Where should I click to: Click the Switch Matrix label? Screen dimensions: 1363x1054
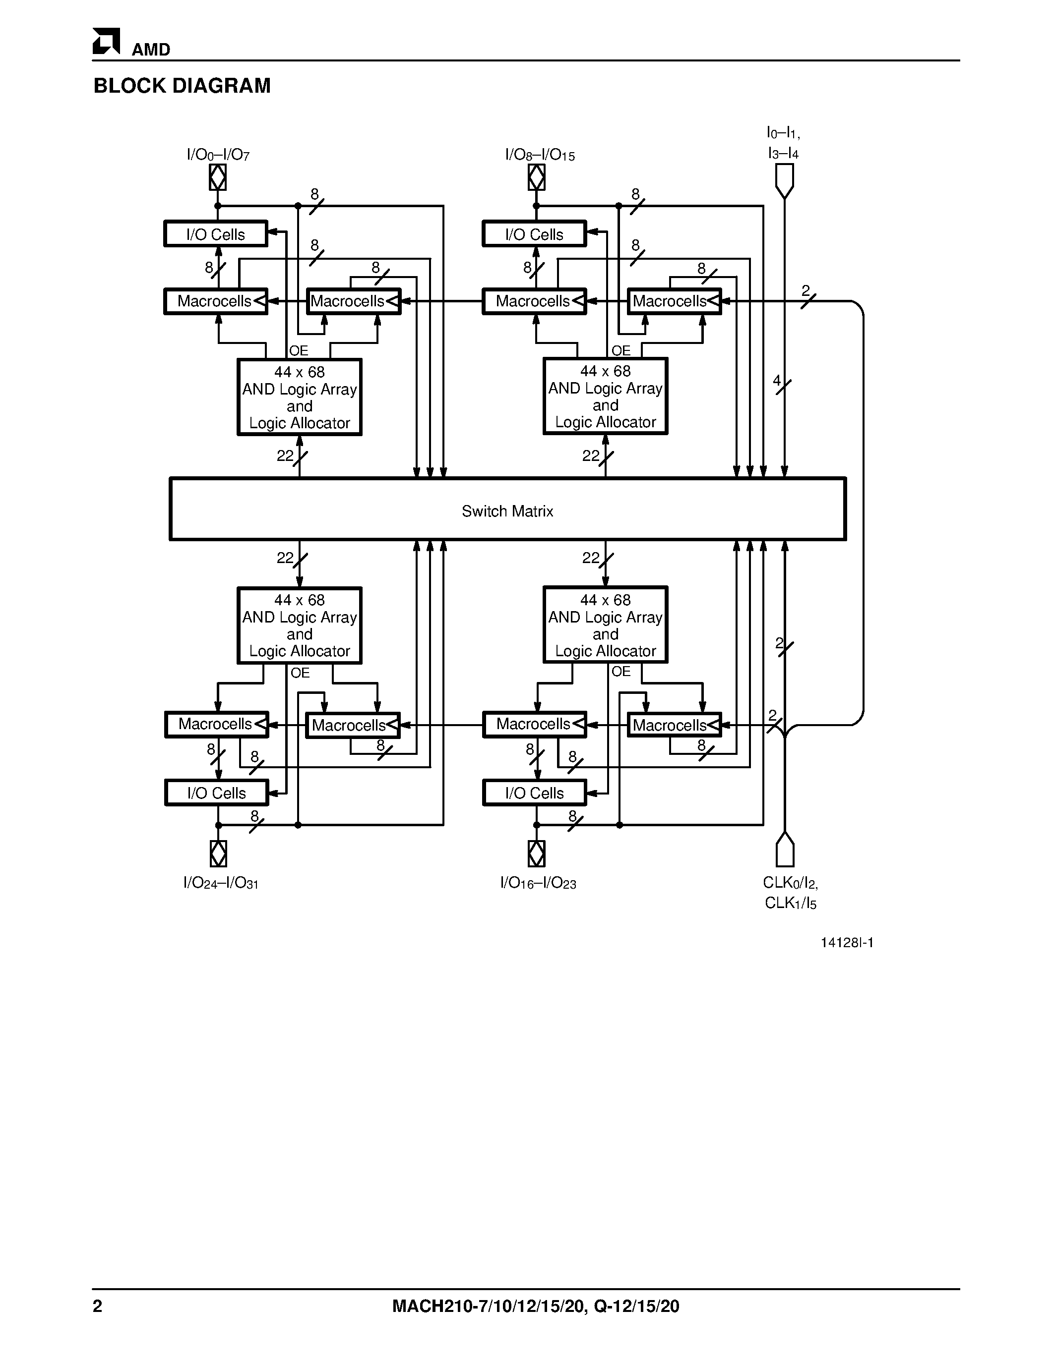point(507,511)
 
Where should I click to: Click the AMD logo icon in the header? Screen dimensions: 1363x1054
point(106,42)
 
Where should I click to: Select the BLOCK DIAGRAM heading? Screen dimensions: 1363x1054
point(182,86)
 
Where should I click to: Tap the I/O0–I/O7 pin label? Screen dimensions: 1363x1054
point(218,155)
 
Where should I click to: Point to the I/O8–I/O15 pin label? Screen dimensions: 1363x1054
point(540,155)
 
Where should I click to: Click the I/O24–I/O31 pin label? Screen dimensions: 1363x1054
point(220,883)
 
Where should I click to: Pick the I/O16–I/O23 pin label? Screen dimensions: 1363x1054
point(538,883)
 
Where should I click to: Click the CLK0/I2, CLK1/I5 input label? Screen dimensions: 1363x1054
point(790,893)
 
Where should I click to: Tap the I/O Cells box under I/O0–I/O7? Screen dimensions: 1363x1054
point(215,234)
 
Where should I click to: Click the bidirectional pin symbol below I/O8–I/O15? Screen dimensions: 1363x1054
point(536,178)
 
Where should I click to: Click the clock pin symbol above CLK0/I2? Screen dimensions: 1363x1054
point(784,850)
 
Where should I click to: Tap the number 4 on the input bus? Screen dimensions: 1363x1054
point(777,380)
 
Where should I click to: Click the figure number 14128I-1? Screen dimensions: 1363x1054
point(847,942)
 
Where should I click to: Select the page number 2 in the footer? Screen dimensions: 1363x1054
point(97,1306)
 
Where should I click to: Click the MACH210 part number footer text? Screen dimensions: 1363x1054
point(535,1306)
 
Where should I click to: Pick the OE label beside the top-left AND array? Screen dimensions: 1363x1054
point(299,351)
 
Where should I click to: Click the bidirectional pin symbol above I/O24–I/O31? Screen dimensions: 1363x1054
point(218,853)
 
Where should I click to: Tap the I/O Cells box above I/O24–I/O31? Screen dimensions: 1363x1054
point(217,793)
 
